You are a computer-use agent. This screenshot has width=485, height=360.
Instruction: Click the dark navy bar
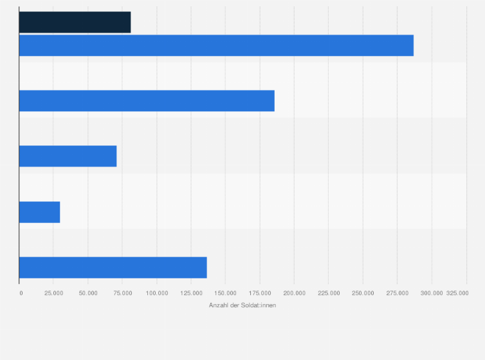pyautogui.click(x=75, y=22)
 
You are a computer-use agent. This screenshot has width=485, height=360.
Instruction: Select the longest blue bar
pyautogui.click(x=216, y=46)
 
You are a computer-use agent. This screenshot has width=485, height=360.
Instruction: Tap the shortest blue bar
pyautogui.click(x=39, y=212)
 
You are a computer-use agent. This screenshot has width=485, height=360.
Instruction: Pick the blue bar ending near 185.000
pyautogui.click(x=147, y=101)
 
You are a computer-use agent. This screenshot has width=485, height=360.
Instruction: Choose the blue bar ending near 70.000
pyautogui.click(x=68, y=156)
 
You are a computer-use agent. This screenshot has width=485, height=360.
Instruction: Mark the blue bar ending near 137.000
pyautogui.click(x=113, y=267)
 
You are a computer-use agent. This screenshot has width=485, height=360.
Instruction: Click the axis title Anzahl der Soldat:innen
pyautogui.click(x=243, y=305)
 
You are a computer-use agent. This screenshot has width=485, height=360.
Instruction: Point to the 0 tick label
pyautogui.click(x=21, y=293)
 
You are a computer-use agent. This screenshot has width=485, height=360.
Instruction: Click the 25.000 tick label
pyautogui.click(x=53, y=293)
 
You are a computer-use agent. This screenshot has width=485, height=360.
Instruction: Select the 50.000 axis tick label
pyautogui.click(x=88, y=293)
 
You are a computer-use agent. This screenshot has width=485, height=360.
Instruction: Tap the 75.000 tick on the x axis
pyautogui.click(x=122, y=293)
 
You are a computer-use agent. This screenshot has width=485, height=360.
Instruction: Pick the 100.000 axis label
pyautogui.click(x=157, y=293)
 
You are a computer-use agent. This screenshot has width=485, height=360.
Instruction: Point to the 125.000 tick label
pyautogui.click(x=191, y=293)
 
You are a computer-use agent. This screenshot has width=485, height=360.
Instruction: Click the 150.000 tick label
pyautogui.click(x=225, y=293)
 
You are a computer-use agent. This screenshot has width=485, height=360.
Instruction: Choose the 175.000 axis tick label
pyautogui.click(x=260, y=293)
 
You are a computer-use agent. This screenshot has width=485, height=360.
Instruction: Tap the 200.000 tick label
pyautogui.click(x=294, y=293)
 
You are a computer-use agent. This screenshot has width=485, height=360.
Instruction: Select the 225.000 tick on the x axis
pyautogui.click(x=329, y=293)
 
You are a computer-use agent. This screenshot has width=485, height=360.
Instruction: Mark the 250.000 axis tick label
pyautogui.click(x=363, y=293)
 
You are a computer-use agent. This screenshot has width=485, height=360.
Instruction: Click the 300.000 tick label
pyautogui.click(x=432, y=293)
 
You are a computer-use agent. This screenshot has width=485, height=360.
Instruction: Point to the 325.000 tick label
pyautogui.click(x=457, y=293)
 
